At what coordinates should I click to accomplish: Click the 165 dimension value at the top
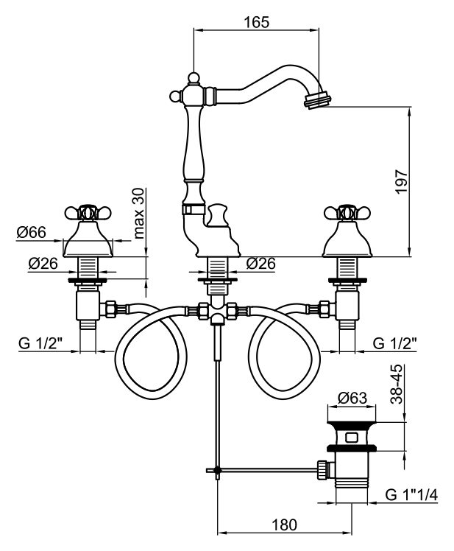(256, 22)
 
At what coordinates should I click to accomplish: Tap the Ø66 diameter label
(32, 233)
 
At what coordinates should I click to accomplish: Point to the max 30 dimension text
(140, 214)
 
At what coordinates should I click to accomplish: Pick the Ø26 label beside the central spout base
(262, 263)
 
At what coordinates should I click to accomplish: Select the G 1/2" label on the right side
(395, 343)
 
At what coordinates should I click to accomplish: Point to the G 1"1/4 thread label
(411, 495)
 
